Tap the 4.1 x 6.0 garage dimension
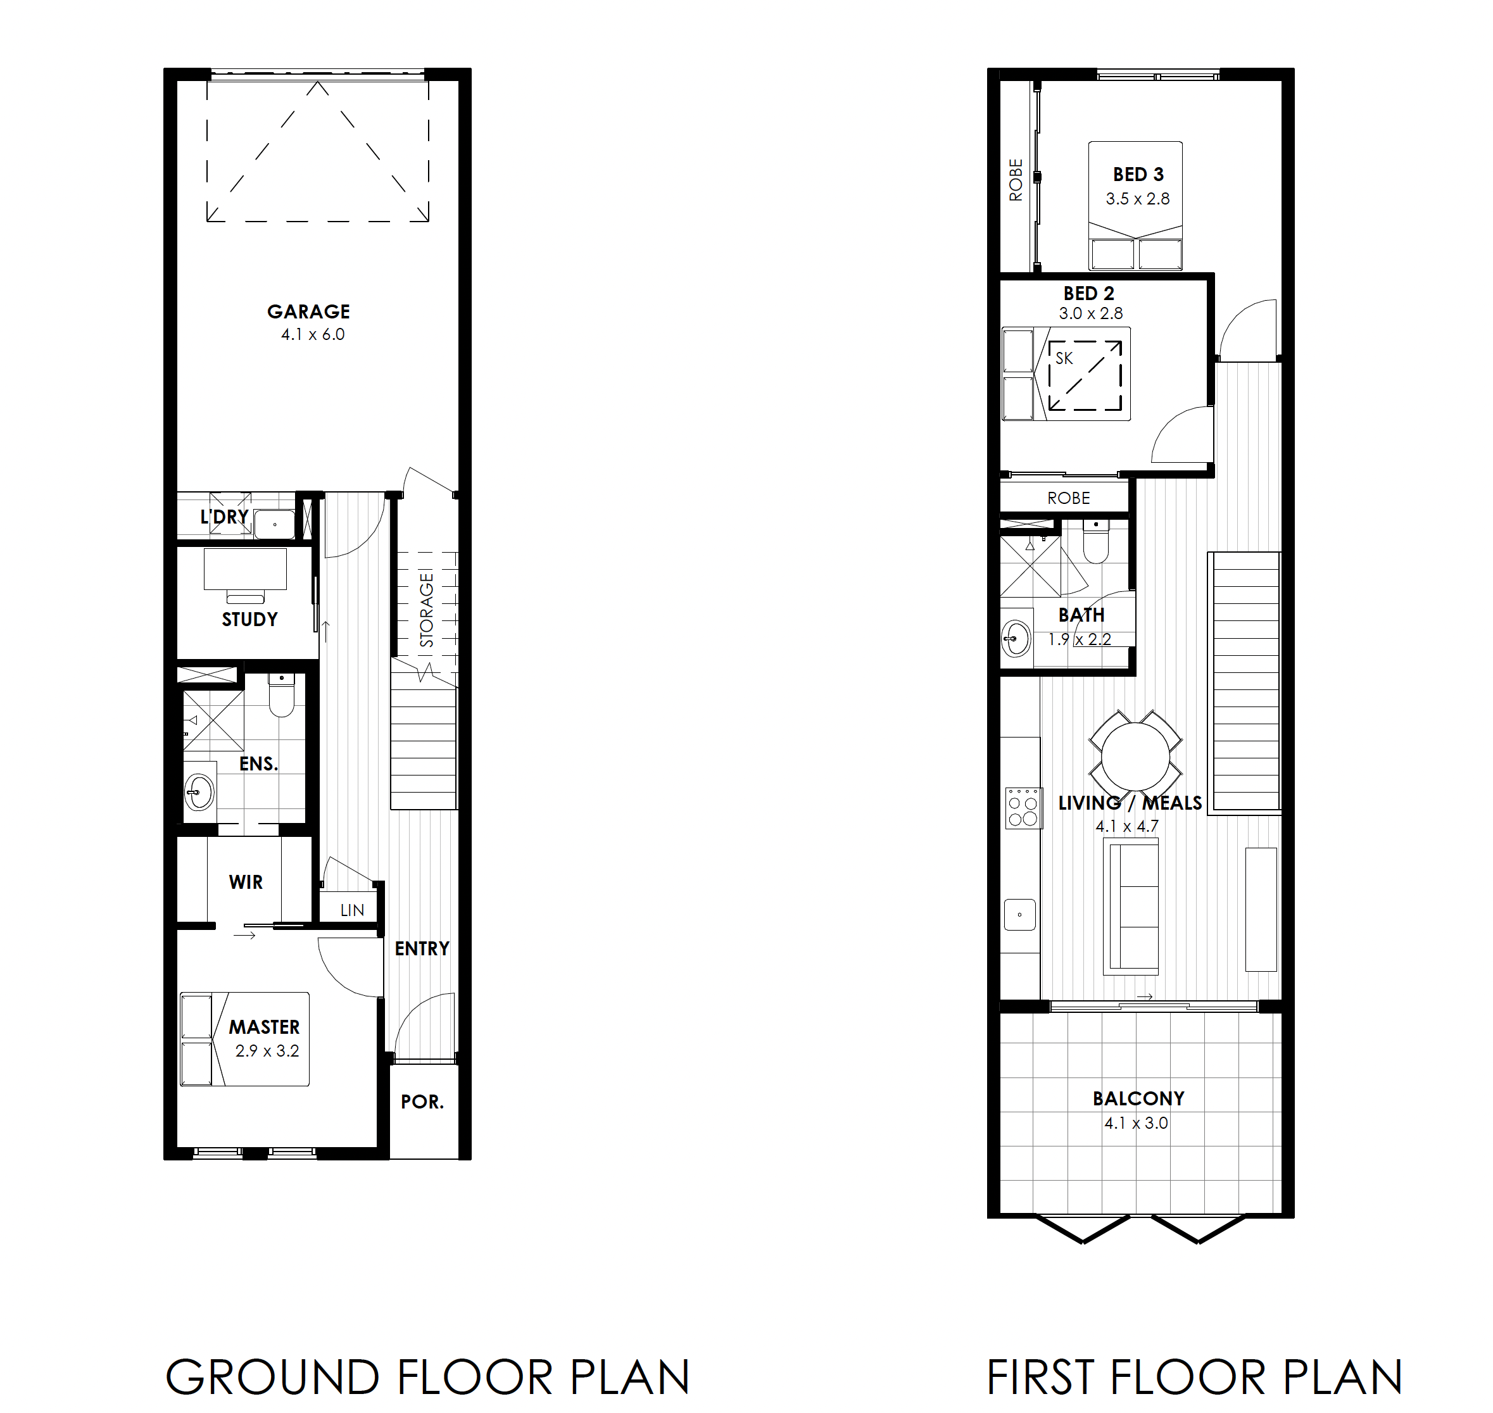[x=313, y=334]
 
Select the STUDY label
[x=249, y=619]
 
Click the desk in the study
[x=245, y=569]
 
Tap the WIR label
[x=246, y=882]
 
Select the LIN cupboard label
[x=352, y=910]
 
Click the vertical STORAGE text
[x=426, y=610]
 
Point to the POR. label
[x=422, y=1102]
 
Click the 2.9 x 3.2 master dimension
[x=267, y=1051]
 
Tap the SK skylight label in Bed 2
[x=1064, y=358]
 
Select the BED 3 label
[x=1138, y=175]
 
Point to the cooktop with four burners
[x=1024, y=807]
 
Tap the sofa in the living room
[x=1131, y=908]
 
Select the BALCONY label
[x=1138, y=1099]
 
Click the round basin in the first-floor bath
[x=1016, y=639]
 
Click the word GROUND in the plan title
[x=272, y=1378]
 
